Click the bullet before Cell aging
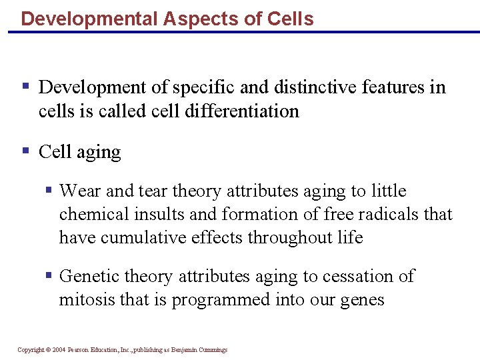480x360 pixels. (x=26, y=151)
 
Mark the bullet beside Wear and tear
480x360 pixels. (x=49, y=190)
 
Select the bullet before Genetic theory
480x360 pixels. (x=49, y=275)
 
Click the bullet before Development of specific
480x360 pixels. (x=26, y=86)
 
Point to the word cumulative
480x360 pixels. (x=142, y=238)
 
